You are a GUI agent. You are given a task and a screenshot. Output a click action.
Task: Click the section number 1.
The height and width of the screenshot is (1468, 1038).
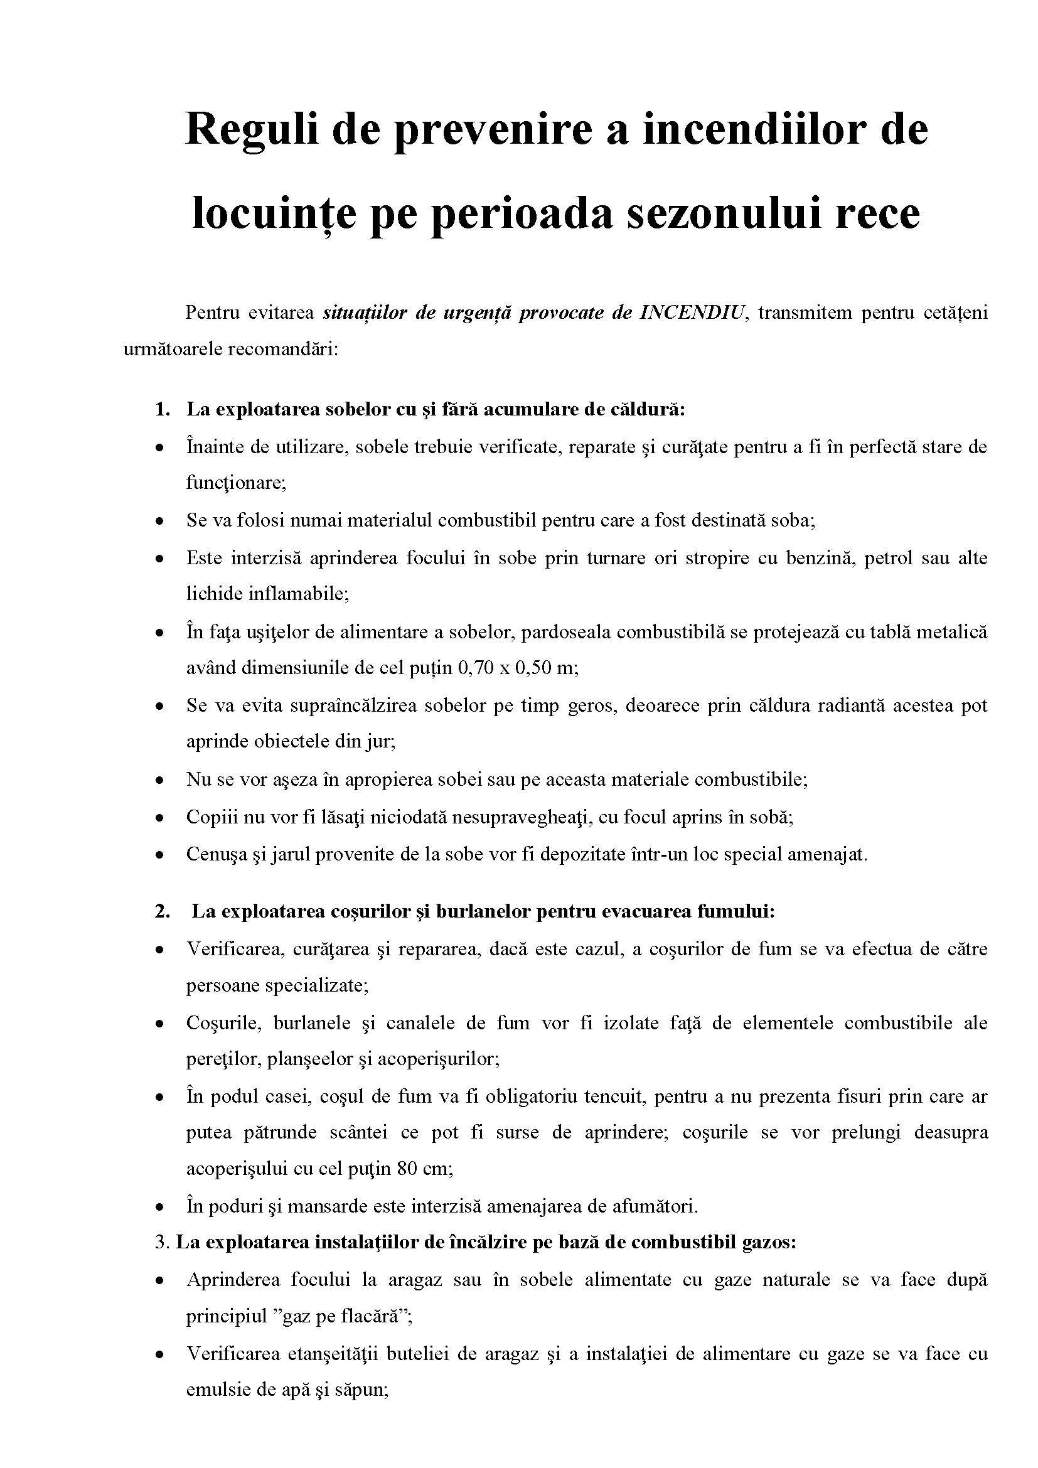(161, 409)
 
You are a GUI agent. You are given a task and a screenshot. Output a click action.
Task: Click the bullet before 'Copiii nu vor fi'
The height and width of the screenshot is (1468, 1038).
(160, 818)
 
